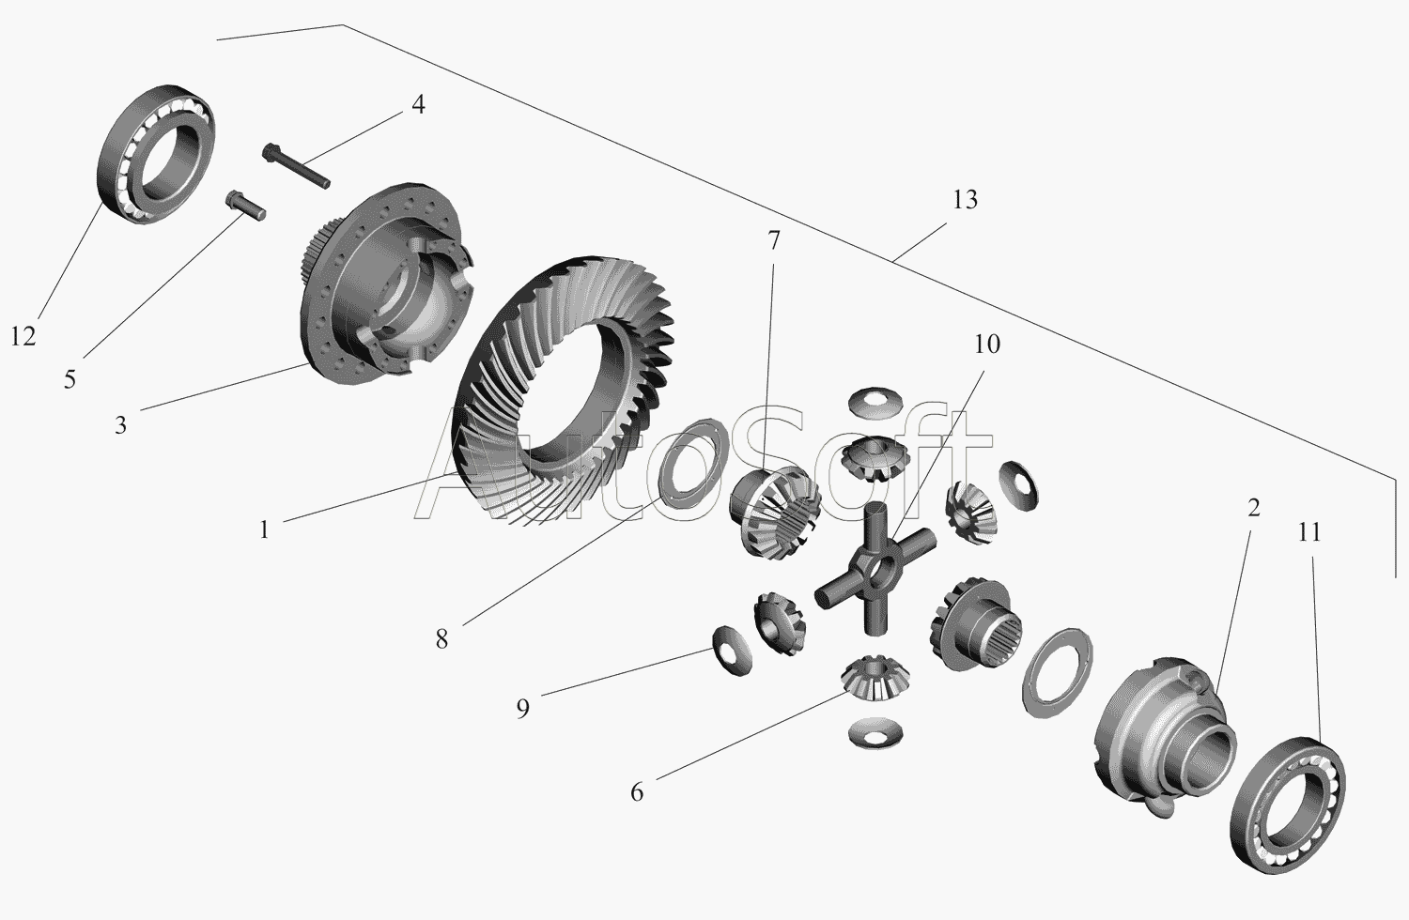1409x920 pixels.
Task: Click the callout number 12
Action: (x=23, y=335)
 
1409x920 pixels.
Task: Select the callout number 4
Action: (x=417, y=104)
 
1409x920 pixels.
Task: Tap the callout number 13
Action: (x=964, y=200)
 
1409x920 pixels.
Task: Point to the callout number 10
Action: (x=985, y=345)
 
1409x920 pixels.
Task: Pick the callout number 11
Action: (x=1308, y=532)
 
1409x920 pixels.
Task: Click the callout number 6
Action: (x=637, y=792)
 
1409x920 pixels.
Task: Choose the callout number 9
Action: (x=522, y=707)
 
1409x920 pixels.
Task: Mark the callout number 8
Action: (x=441, y=639)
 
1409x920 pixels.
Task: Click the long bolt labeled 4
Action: (x=296, y=169)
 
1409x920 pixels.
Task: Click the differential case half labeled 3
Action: (x=385, y=282)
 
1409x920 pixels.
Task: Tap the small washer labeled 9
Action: (x=730, y=648)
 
